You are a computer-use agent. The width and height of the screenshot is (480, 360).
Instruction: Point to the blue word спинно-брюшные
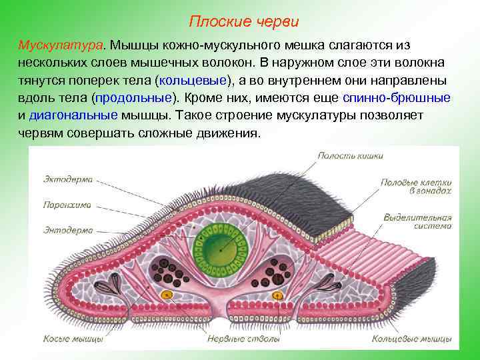(x=396, y=97)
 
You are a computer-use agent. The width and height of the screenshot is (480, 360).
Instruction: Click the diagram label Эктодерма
(x=68, y=179)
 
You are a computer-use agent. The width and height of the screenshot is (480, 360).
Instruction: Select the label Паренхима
(x=68, y=205)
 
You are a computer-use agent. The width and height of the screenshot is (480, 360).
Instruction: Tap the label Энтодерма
(x=68, y=230)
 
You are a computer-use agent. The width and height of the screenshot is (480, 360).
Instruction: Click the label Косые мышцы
(x=73, y=339)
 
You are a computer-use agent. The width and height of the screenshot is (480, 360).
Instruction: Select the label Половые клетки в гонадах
(x=417, y=185)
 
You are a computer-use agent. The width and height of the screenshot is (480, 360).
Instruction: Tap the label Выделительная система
(x=418, y=221)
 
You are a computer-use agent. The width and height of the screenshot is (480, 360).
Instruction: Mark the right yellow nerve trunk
(x=276, y=294)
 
